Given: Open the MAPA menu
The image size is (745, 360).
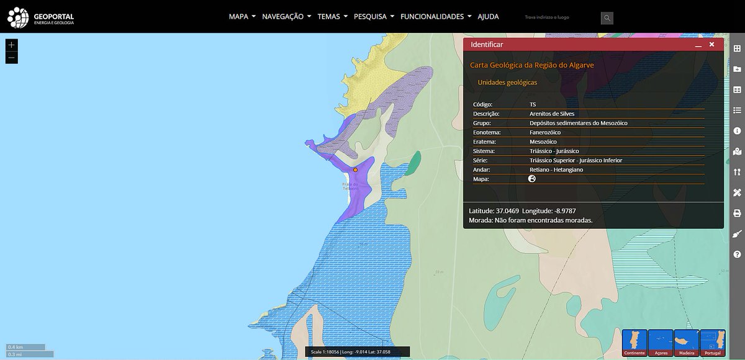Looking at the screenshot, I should point(242,17).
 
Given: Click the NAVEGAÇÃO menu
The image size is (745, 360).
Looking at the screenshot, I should point(286,17).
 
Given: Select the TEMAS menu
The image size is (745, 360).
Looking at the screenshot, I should point(332,17).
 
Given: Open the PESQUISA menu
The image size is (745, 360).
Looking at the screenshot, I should point(374,17).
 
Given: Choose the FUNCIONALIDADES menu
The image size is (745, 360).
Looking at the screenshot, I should point(436,17).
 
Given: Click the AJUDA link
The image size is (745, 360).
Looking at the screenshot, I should point(488,17).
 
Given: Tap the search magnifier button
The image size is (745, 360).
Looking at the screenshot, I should point(607,18).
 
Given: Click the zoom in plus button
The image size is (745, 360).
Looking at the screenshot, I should point(12,45).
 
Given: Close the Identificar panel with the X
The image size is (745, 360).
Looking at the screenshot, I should point(711,45).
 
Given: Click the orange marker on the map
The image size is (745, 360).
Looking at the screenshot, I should point(355,169).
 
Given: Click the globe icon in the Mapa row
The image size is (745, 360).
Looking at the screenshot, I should point(532,179).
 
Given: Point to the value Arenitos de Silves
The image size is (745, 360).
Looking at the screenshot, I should point(552,114).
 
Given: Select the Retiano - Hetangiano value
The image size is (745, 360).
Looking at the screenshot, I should point(556,169).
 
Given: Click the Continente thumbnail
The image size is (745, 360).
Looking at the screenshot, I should point(634,342).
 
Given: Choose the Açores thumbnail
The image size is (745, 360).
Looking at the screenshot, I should point(661,342).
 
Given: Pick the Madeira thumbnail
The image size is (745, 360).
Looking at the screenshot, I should point(687,342).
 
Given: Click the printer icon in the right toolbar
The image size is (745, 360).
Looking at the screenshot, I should point(737,213).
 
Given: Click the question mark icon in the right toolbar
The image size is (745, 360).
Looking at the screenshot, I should point(737,254).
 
